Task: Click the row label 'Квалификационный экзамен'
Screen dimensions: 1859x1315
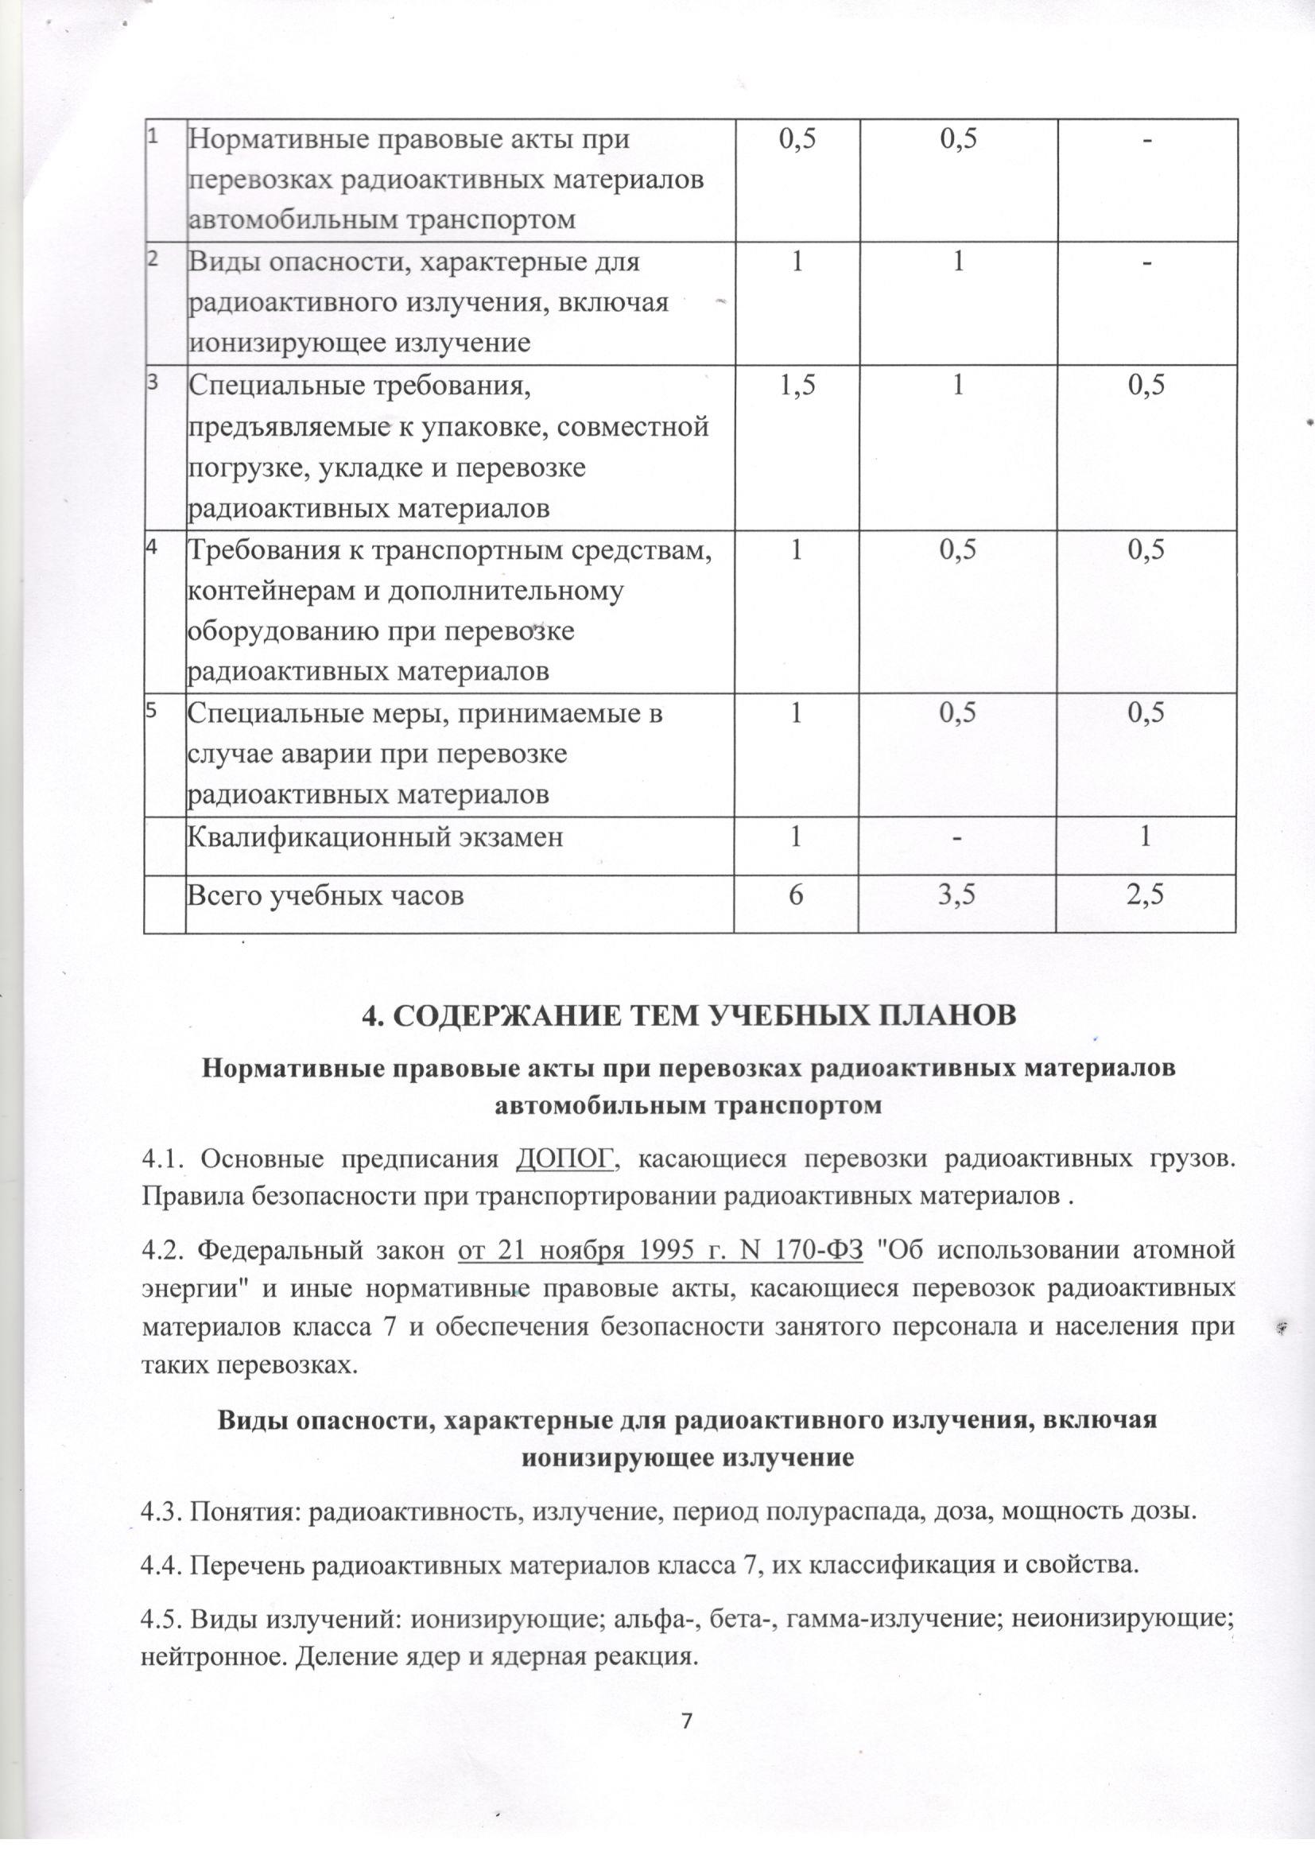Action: pos(376,836)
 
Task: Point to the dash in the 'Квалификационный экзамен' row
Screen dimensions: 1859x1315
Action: pos(960,836)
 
